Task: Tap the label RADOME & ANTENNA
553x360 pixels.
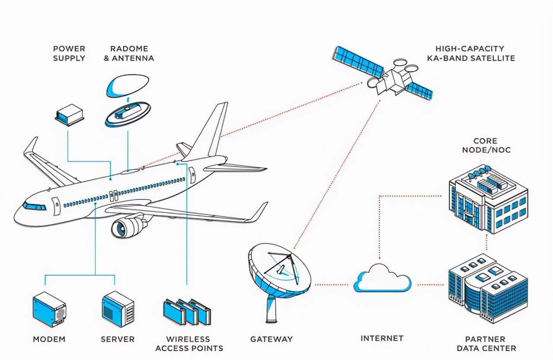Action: (x=129, y=54)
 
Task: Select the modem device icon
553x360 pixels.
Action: (x=49, y=309)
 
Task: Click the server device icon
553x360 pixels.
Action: (x=118, y=309)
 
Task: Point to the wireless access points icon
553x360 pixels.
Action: (x=187, y=312)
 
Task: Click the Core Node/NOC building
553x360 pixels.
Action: (x=488, y=198)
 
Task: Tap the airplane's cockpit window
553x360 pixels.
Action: (x=35, y=206)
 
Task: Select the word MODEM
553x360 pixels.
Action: (x=49, y=339)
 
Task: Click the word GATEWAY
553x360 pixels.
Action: (x=271, y=339)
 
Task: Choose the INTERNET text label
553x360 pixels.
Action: (x=382, y=338)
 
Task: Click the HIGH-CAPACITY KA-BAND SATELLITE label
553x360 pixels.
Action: (x=471, y=54)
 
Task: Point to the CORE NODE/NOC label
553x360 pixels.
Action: (x=486, y=145)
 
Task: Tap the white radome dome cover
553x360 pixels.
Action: (x=127, y=85)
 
